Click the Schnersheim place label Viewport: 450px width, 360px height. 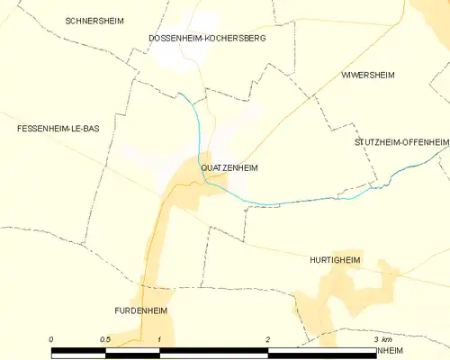click(x=93, y=19)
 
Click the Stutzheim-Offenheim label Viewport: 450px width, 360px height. click(x=401, y=142)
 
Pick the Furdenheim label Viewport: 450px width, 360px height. click(x=141, y=310)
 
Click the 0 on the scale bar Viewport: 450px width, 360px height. click(x=52, y=339)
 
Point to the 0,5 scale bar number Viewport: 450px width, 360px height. click(x=106, y=339)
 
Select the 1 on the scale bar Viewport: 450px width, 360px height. click(x=159, y=339)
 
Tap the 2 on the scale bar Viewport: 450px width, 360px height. click(x=268, y=339)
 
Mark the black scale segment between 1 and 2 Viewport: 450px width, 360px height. click(x=213, y=351)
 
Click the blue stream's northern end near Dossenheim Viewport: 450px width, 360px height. click(x=179, y=93)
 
